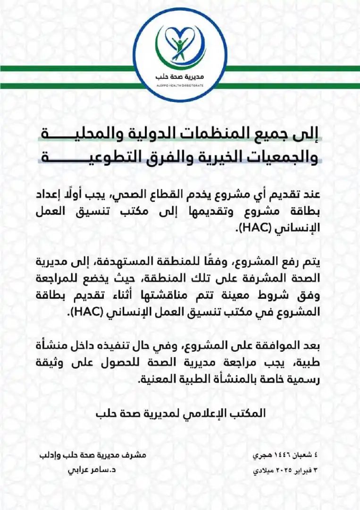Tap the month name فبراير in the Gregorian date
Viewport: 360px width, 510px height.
298,470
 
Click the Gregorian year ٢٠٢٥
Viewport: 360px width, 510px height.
275,470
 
